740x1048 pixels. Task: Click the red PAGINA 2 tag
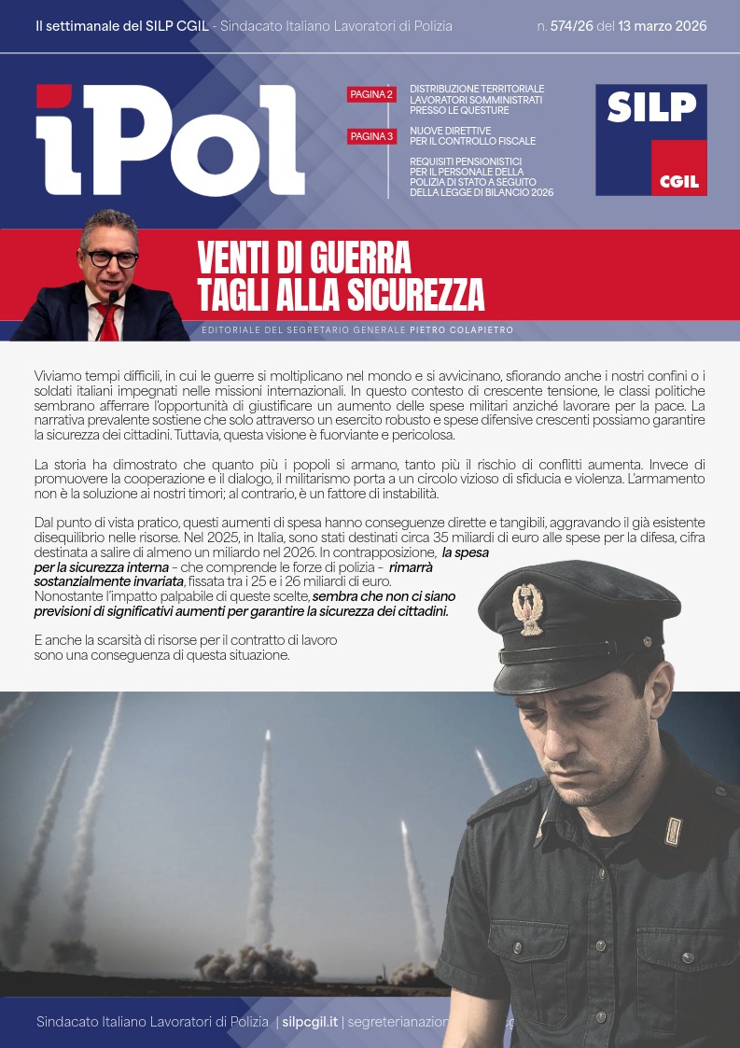(371, 94)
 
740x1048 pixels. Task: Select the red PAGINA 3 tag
(371, 136)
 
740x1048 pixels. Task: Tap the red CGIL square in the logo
(678, 169)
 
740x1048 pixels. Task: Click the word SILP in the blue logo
(651, 108)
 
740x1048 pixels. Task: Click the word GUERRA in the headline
(361, 256)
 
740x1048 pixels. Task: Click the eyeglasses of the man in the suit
(112, 258)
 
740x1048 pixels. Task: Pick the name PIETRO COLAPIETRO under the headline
(461, 330)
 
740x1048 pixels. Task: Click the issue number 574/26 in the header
(572, 26)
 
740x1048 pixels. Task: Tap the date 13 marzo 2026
(663, 26)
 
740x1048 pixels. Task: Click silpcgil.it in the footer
(309, 1022)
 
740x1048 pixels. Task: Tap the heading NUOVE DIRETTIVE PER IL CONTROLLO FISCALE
(472, 136)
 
